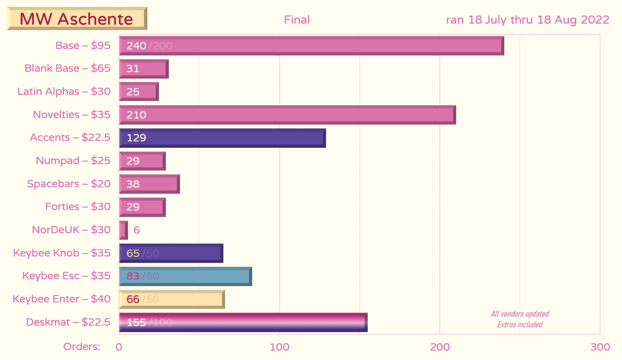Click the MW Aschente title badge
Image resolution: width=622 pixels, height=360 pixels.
77,19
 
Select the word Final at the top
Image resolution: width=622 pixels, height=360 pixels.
297,20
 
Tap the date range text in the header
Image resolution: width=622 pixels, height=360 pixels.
527,20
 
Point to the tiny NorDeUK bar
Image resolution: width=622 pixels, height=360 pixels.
123,230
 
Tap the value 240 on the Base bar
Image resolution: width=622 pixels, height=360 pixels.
136,46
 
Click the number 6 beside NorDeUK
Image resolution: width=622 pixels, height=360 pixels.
137,230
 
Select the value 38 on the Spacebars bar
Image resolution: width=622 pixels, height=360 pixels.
133,184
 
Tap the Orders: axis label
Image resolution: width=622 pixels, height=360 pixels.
82,347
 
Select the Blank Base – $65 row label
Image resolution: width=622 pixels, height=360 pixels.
67,68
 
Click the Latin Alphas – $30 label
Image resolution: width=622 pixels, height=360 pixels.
64,92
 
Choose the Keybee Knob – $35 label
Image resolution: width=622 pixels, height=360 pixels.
62,253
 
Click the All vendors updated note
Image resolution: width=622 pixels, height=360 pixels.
520,314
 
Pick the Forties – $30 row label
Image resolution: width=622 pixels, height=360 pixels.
78,207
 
